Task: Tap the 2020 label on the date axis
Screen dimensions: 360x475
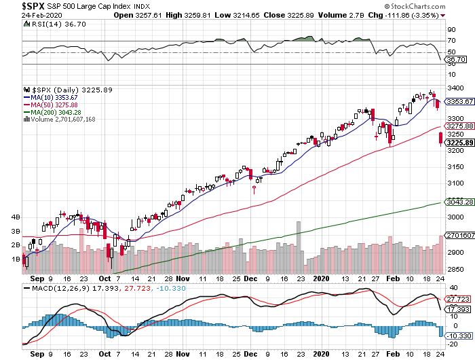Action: (322, 277)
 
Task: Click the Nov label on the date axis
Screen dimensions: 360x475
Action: (183, 277)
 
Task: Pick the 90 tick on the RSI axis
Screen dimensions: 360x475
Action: (451, 29)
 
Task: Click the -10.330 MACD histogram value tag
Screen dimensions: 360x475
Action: (460, 336)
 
